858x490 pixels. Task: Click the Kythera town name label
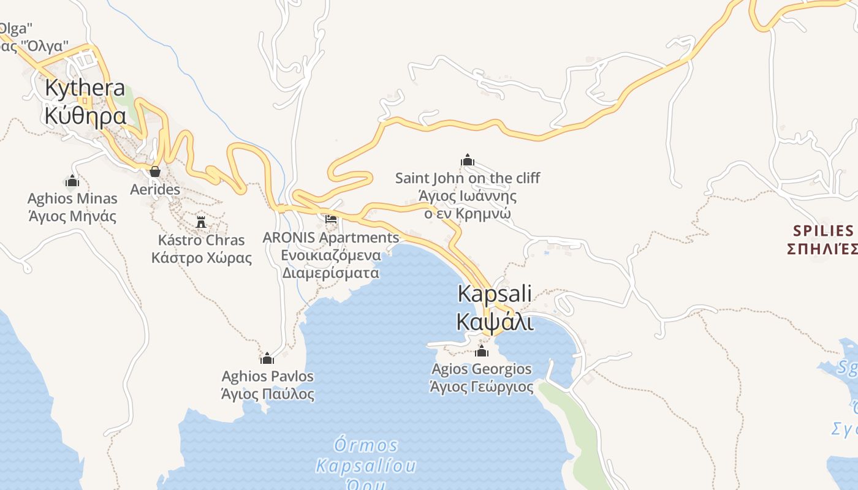85,89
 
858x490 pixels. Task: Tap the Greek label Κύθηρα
85,115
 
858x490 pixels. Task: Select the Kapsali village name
495,294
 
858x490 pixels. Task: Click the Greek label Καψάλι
495,320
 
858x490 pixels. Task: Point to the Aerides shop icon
155,171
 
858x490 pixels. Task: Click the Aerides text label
155,189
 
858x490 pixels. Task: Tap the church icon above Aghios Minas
72,181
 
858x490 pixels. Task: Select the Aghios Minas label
72,198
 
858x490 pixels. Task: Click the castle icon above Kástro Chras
201,222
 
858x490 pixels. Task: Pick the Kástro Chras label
201,239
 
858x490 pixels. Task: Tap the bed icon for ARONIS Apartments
331,219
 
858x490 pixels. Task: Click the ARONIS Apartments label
331,237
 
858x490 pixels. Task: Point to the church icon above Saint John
468,160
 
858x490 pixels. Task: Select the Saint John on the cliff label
468,178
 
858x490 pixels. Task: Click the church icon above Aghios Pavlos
267,358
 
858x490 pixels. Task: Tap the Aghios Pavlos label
268,376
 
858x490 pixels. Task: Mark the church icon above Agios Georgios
482,351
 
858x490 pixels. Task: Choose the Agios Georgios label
482,369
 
